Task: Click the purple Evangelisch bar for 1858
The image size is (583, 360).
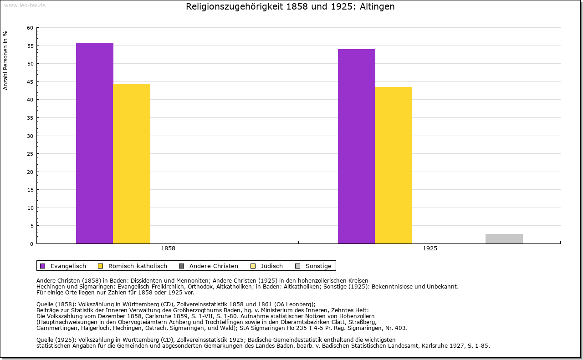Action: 95,143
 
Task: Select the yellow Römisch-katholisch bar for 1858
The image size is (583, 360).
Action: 132,163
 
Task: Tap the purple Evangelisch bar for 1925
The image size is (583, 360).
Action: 357,146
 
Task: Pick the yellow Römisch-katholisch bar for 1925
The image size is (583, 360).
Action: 394,165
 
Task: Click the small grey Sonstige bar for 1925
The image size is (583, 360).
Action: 504,238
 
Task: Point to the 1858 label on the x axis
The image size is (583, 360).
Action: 168,249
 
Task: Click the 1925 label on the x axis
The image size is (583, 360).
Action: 430,249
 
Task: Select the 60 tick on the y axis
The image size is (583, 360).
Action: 30,28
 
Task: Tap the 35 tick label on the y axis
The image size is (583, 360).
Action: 30,118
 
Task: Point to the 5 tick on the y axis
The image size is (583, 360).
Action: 31,226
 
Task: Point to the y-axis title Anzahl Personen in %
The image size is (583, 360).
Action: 5,60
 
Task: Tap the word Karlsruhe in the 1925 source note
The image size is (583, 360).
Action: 435,345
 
